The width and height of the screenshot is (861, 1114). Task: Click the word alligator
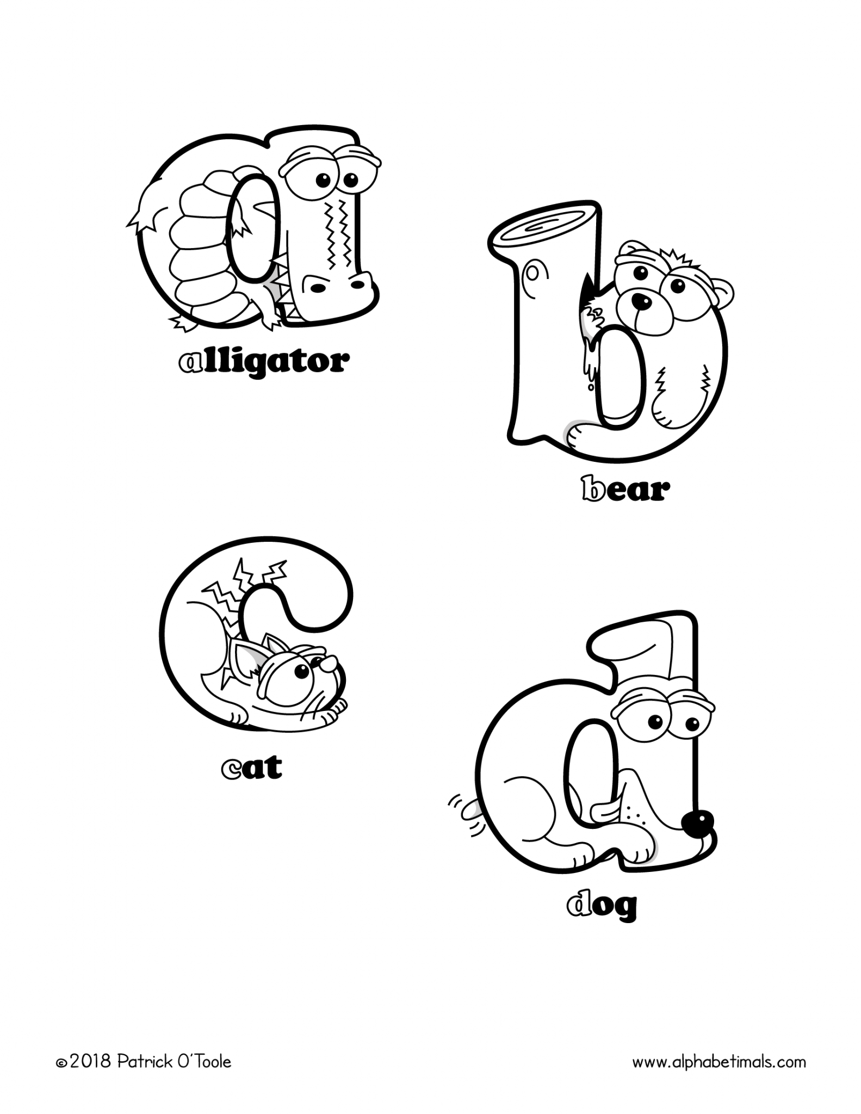[x=264, y=362]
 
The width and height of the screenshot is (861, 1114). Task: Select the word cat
[x=252, y=768]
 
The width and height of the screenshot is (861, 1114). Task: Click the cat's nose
[x=326, y=664]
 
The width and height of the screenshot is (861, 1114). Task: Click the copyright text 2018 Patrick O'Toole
[x=144, y=1061]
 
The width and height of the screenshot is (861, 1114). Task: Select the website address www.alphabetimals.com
[x=718, y=1061]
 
